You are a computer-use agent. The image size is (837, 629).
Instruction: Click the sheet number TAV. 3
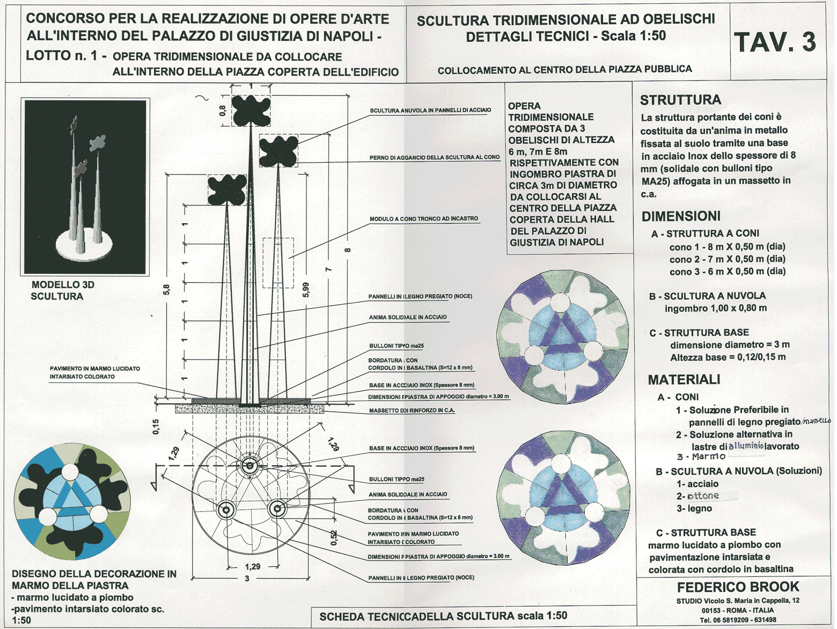click(775, 42)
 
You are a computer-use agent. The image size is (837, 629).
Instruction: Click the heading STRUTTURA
click(680, 100)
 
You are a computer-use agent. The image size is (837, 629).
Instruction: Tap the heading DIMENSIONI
click(681, 216)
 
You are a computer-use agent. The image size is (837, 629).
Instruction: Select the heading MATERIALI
click(684, 380)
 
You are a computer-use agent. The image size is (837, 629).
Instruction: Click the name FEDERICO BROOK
click(738, 587)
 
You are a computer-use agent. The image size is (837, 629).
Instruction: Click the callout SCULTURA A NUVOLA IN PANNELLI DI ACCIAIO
click(430, 111)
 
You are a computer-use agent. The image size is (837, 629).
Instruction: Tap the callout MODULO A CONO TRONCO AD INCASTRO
click(423, 219)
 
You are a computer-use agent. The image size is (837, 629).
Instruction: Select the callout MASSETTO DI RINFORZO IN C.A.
click(412, 411)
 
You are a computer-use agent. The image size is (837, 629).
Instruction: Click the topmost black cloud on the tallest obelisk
click(251, 110)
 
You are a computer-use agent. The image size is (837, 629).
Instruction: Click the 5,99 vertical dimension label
click(306, 290)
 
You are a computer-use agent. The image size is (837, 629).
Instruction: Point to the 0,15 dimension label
click(156, 427)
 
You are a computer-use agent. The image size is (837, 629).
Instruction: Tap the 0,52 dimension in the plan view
click(334, 537)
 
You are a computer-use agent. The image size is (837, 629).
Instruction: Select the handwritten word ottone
click(703, 496)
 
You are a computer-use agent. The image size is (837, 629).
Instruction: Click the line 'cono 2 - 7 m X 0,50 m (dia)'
click(727, 259)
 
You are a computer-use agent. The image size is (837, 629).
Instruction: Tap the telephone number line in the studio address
click(738, 620)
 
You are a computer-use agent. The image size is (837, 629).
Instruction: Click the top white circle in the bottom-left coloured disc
click(70, 472)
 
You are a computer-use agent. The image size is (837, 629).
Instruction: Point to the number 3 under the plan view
click(247, 579)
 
